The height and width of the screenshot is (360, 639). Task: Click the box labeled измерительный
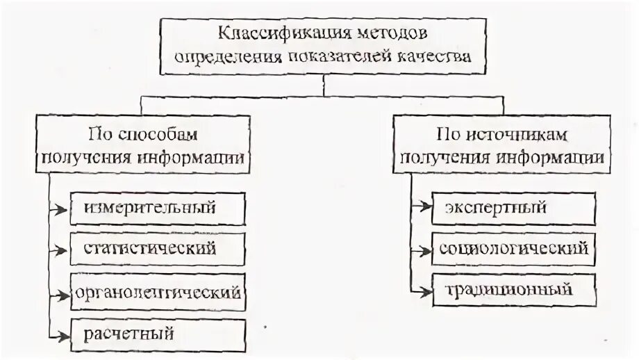pyautogui.click(x=157, y=208)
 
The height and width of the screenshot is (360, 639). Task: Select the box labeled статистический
pyautogui.click(x=157, y=248)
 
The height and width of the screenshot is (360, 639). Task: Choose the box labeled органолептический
pyautogui.click(x=157, y=292)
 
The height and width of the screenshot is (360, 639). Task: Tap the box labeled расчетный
pyautogui.click(x=157, y=334)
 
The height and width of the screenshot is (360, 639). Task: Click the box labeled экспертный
pyautogui.click(x=513, y=207)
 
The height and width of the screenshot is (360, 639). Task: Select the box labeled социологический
pyautogui.click(x=513, y=248)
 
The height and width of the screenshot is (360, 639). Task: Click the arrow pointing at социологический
pyautogui.click(x=421, y=248)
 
